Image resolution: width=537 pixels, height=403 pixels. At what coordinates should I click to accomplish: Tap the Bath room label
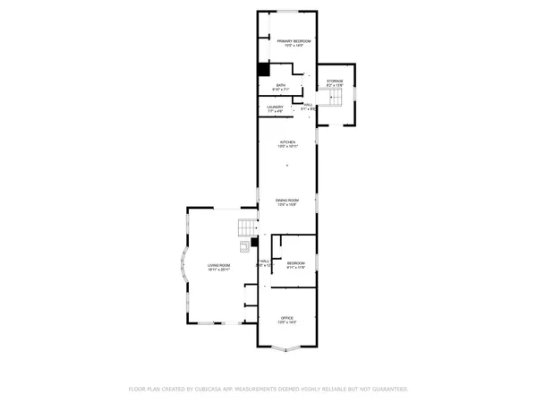click(x=281, y=85)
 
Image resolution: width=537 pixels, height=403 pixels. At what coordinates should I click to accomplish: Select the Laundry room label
click(x=275, y=107)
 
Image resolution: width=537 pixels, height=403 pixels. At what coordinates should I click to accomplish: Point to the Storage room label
click(x=335, y=81)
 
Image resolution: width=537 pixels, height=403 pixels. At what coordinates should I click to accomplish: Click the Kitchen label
click(x=287, y=141)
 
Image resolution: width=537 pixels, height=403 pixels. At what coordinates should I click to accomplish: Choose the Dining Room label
click(x=286, y=200)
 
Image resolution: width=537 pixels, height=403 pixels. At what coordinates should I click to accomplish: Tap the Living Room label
click(x=219, y=265)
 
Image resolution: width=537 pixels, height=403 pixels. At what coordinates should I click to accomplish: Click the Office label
click(x=287, y=318)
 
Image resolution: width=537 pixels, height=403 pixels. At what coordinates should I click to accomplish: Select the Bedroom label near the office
click(x=296, y=263)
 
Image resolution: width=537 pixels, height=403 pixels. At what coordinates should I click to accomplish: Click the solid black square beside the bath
click(x=263, y=70)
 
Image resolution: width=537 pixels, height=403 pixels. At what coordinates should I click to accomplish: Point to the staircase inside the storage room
click(x=335, y=99)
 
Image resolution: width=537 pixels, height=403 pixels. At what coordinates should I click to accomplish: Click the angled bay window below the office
click(x=287, y=351)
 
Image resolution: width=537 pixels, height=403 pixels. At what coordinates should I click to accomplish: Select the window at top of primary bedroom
click(x=287, y=12)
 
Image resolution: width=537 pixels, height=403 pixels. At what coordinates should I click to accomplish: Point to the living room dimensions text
click(x=219, y=270)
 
